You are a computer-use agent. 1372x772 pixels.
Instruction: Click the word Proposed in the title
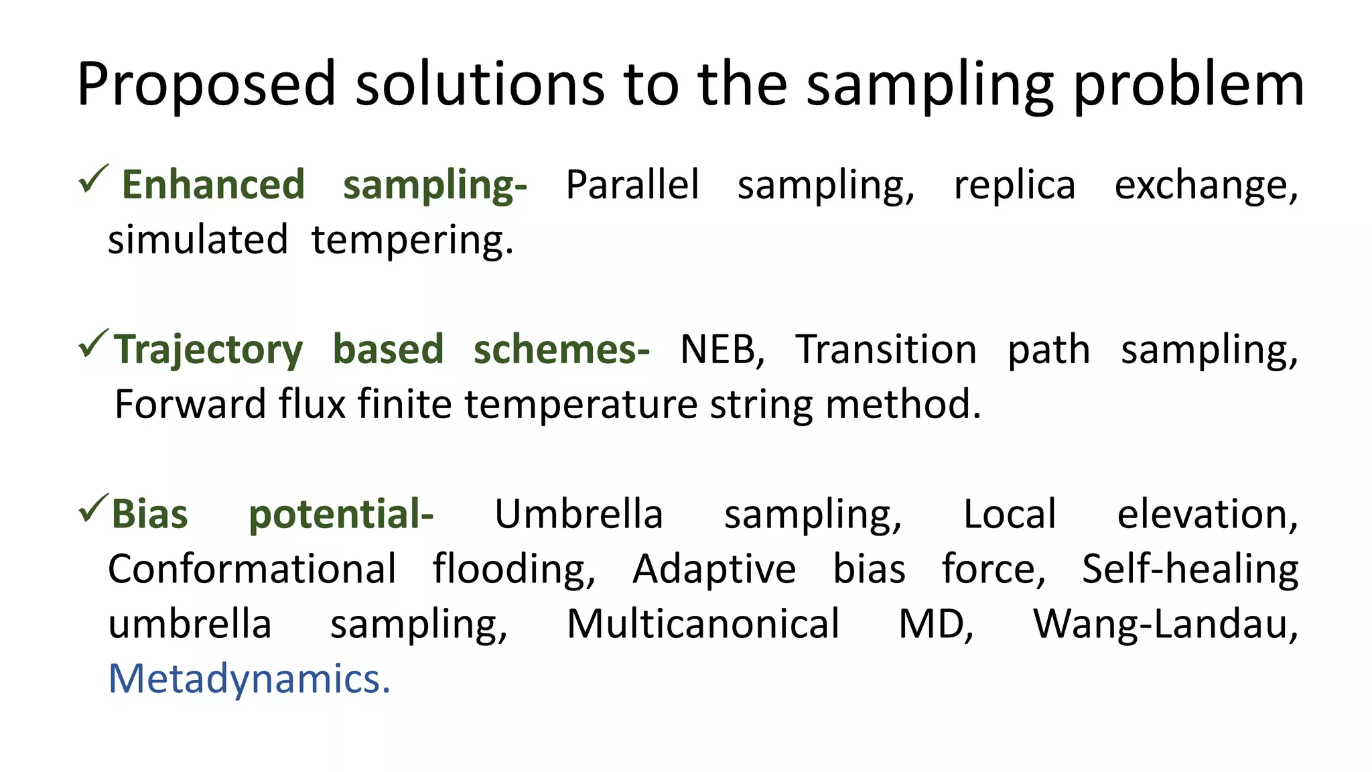pyautogui.click(x=206, y=85)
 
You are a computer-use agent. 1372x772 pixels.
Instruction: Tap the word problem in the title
pyautogui.click(x=1188, y=85)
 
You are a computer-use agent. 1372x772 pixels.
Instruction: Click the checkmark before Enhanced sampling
pyautogui.click(x=93, y=179)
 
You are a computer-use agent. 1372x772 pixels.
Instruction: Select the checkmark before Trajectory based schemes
pyautogui.click(x=93, y=344)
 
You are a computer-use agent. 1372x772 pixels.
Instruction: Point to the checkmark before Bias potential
pyautogui.click(x=93, y=509)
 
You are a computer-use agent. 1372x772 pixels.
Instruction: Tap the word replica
pyautogui.click(x=1014, y=186)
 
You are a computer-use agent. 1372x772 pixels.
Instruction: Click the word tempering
pyautogui.click(x=412, y=241)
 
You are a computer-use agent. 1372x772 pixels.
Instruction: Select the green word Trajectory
pyautogui.click(x=208, y=350)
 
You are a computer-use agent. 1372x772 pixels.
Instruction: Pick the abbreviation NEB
pyautogui.click(x=721, y=350)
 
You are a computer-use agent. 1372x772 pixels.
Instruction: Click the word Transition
pyautogui.click(x=886, y=350)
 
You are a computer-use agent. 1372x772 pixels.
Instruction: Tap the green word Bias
pyautogui.click(x=149, y=515)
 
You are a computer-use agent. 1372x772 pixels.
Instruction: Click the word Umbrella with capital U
pyautogui.click(x=578, y=515)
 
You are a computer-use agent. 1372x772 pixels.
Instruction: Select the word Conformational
pyautogui.click(x=252, y=570)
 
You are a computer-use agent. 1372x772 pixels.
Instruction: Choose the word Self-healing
pyautogui.click(x=1190, y=570)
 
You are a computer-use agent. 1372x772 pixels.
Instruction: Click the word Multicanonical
pyautogui.click(x=703, y=625)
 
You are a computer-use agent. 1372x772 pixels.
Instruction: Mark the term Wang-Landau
pyautogui.click(x=1164, y=625)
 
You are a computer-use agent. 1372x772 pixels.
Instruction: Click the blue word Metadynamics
pyautogui.click(x=249, y=680)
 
